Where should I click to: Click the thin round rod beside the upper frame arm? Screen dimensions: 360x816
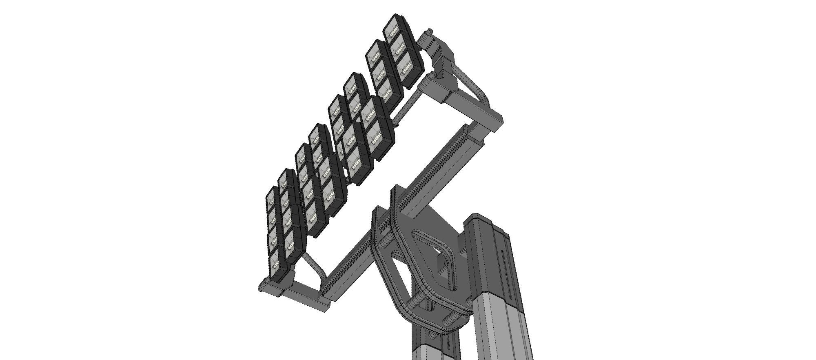406,106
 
